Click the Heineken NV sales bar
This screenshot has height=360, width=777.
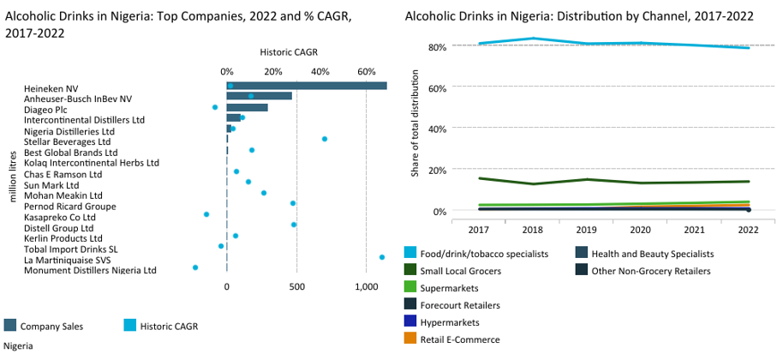[306, 86]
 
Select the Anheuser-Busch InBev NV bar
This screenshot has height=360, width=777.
[259, 96]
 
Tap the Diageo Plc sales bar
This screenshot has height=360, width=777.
[247, 107]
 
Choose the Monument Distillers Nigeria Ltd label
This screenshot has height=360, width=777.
[90, 270]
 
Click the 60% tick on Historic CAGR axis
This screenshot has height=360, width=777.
[366, 71]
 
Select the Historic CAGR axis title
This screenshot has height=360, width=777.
[294, 53]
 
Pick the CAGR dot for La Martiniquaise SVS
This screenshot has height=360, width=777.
[381, 256]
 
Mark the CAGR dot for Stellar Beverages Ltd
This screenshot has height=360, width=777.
[324, 139]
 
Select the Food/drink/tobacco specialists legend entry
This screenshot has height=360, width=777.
[487, 254]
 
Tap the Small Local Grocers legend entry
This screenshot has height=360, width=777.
[461, 271]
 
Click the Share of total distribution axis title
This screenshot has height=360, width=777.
[415, 128]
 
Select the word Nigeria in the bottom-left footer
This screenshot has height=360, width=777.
[18, 345]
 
